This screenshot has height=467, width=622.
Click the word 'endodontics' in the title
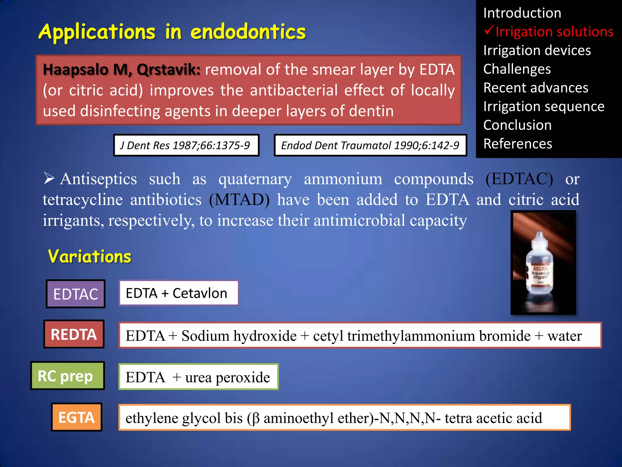[x=248, y=32]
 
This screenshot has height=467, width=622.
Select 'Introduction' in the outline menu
[x=522, y=13]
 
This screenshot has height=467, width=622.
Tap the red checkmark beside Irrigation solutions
[x=489, y=30]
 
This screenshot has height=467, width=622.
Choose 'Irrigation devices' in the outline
[x=537, y=50]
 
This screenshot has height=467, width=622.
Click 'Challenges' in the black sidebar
[x=517, y=69]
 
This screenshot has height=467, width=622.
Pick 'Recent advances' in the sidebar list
[x=536, y=88]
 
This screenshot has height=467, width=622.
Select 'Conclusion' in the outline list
[x=517, y=125]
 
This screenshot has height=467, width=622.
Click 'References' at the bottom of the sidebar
[x=518, y=144]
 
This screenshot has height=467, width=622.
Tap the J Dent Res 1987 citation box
[x=186, y=145]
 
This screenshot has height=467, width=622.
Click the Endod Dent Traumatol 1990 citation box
[x=370, y=145]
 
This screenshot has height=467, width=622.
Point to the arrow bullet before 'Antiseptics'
[x=49, y=178]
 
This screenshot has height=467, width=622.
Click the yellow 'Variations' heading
[x=90, y=256]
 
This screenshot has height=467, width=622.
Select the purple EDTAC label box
[x=76, y=294]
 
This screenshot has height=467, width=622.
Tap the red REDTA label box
[x=74, y=334]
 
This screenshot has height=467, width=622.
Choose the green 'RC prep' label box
[x=67, y=376]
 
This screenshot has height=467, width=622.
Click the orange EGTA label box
[x=77, y=417]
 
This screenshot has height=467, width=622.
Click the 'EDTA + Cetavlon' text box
[x=178, y=293]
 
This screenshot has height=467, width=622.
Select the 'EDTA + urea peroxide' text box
[x=198, y=377]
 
